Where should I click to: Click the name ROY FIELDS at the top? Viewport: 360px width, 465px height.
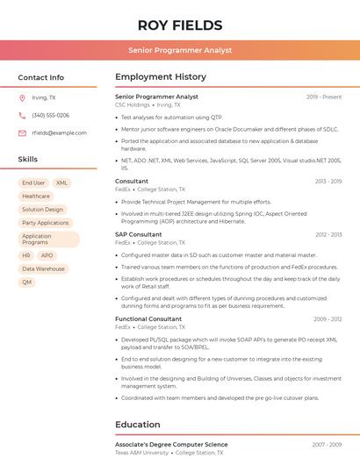(x=180, y=25)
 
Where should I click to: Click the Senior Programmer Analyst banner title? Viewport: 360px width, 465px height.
(x=180, y=50)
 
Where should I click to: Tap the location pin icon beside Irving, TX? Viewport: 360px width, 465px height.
(x=22, y=98)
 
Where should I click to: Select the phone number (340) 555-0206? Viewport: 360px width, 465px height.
(x=50, y=116)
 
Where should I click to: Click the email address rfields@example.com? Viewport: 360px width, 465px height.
(x=59, y=132)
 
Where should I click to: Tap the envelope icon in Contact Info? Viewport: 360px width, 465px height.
(x=22, y=132)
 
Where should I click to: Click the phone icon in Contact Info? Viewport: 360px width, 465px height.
(x=22, y=116)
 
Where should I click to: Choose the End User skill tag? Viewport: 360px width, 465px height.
(x=33, y=183)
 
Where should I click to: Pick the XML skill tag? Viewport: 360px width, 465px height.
(x=61, y=183)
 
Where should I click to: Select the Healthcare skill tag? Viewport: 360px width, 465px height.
(x=36, y=197)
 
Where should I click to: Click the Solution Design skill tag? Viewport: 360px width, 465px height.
(x=43, y=210)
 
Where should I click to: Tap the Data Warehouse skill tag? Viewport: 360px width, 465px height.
(x=43, y=268)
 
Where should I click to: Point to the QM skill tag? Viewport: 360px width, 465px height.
(x=27, y=282)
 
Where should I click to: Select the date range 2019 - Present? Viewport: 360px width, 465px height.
(x=324, y=97)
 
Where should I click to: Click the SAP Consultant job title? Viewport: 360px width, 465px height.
(x=139, y=234)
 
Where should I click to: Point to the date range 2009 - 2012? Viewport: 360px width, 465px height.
(x=328, y=319)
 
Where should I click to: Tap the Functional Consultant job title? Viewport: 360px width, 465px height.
(x=148, y=318)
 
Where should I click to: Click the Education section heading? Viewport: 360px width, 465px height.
(x=138, y=425)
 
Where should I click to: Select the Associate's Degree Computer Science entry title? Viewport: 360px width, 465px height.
(x=171, y=445)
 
